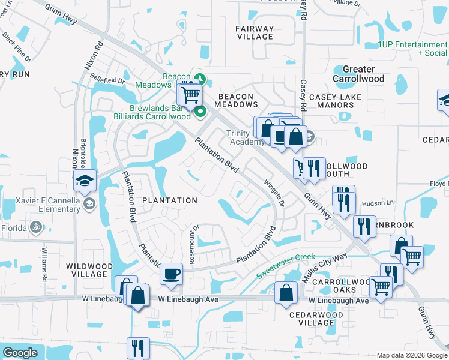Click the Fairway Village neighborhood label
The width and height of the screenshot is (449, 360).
(x=255, y=32)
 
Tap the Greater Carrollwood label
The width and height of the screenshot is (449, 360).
(x=358, y=74)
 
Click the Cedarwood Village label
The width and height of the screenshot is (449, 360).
(x=316, y=319)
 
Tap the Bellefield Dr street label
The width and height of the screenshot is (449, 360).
(x=107, y=79)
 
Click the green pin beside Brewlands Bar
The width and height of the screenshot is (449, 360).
(x=200, y=110)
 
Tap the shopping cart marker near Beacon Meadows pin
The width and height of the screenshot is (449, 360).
(x=190, y=94)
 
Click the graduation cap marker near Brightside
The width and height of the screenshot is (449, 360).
(x=85, y=179)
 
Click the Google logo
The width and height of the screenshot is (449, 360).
(x=20, y=353)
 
